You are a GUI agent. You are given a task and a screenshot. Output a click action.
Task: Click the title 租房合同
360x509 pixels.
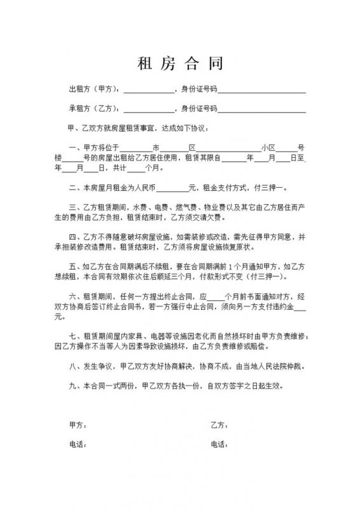(x=180, y=64)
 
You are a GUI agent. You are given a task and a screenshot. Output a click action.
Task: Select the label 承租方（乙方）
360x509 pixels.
(x=93, y=109)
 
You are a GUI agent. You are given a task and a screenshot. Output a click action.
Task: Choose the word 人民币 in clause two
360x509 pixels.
(x=145, y=188)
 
